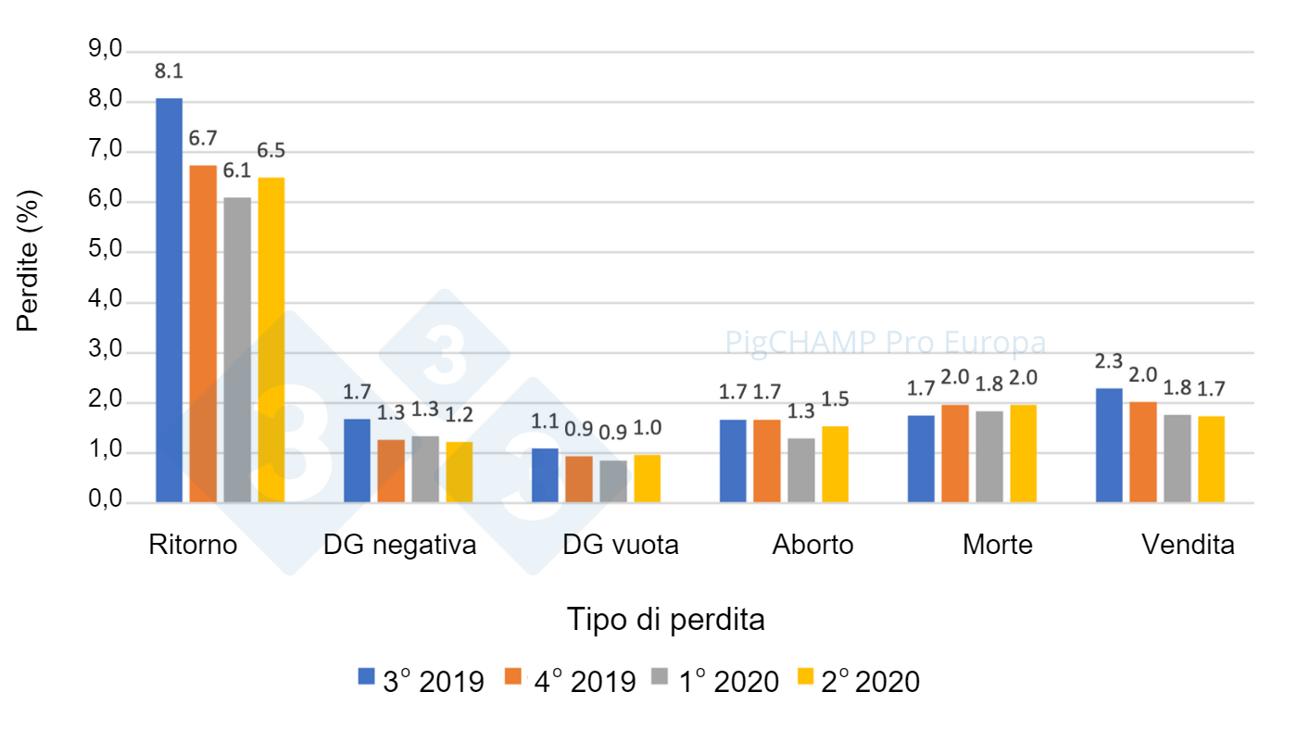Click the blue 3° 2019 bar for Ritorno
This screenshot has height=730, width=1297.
(x=169, y=300)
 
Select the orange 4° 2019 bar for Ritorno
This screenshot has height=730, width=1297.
(x=203, y=334)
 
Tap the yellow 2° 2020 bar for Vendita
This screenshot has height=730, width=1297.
(x=1211, y=459)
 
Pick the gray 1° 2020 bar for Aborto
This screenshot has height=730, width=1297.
(x=800, y=471)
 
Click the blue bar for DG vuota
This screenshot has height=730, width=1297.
(x=545, y=476)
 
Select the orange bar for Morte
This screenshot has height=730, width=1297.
(x=955, y=454)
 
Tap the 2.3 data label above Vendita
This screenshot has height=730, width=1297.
(x=1109, y=361)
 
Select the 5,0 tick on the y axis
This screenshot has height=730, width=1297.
(x=105, y=251)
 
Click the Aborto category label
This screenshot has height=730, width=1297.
(x=812, y=545)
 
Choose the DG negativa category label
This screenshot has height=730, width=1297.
(x=399, y=545)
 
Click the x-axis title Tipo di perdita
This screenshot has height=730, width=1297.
(x=666, y=619)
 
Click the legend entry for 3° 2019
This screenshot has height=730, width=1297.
(x=422, y=682)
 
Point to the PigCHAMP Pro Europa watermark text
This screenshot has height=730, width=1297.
(x=885, y=343)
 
